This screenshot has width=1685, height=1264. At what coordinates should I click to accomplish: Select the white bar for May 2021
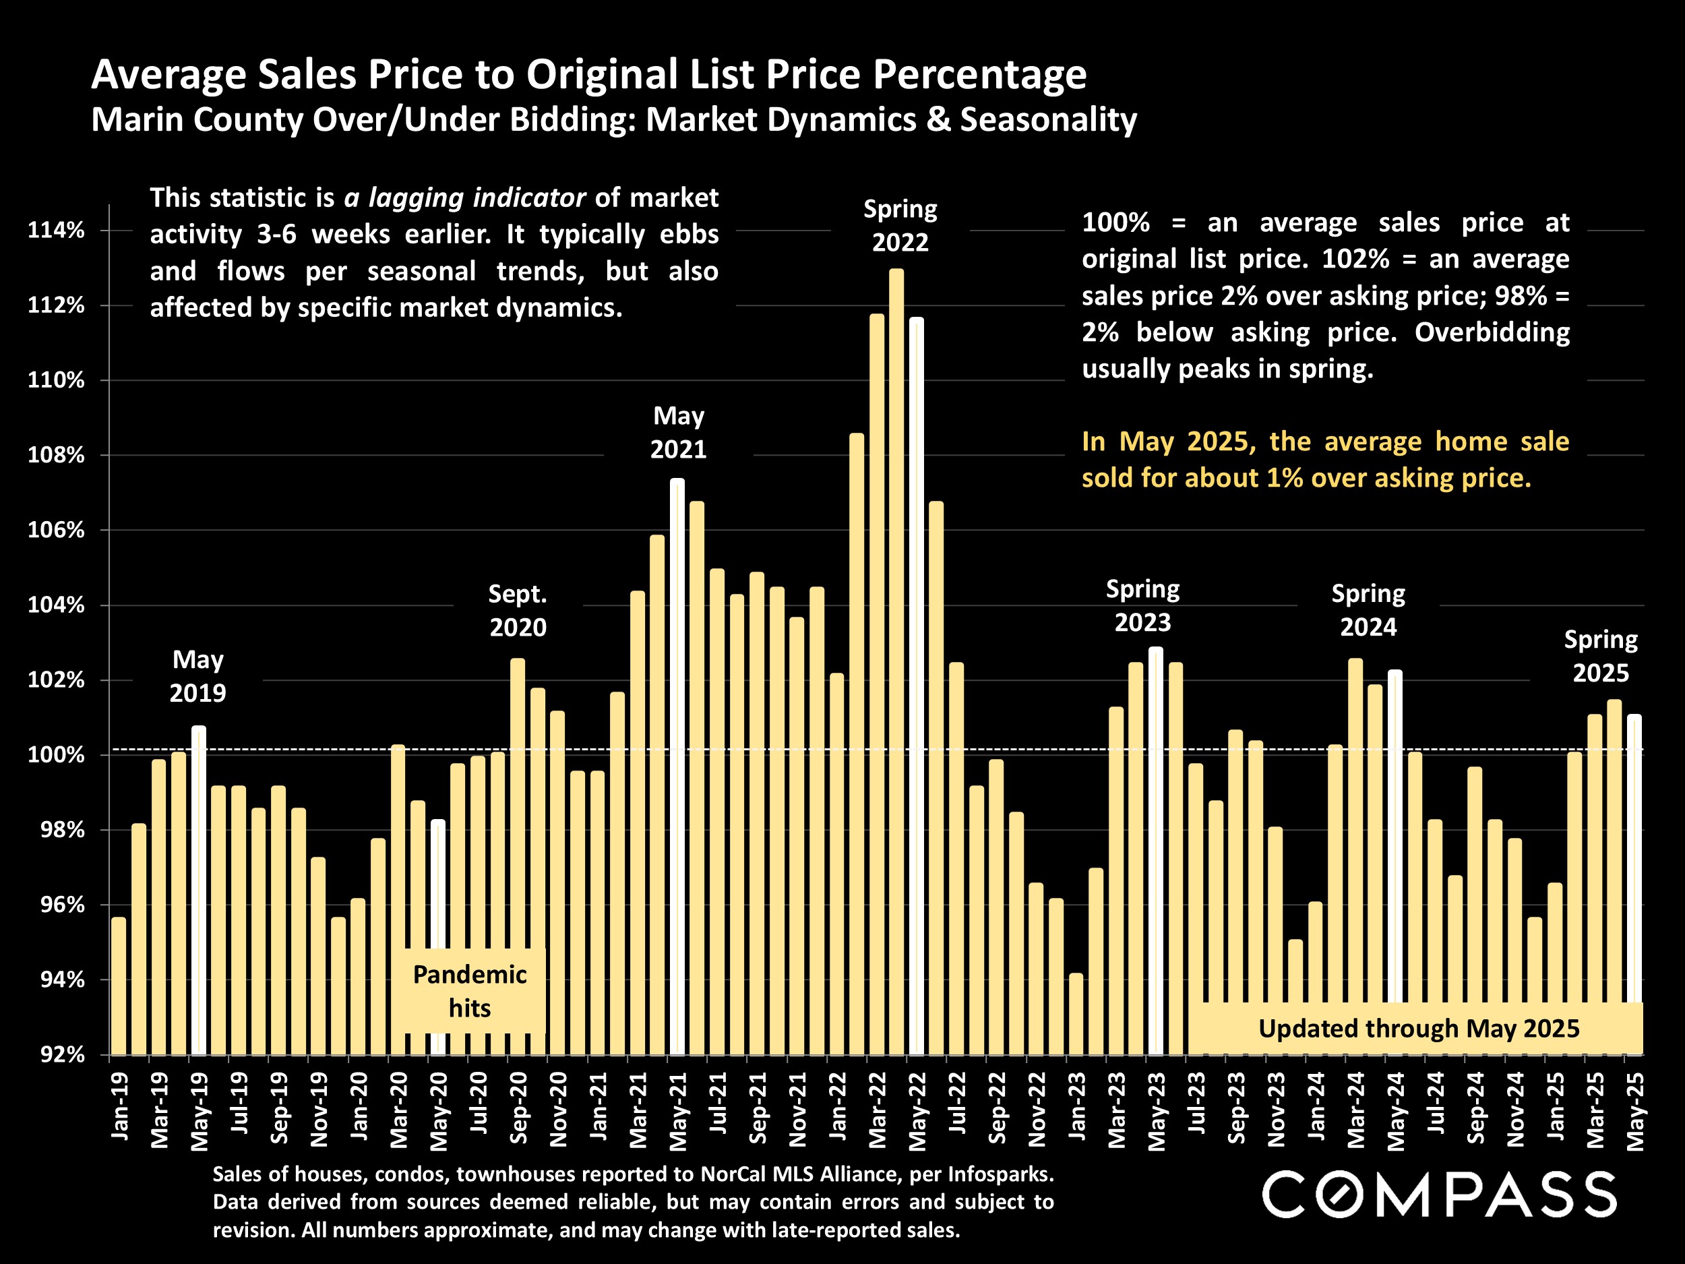pyautogui.click(x=677, y=762)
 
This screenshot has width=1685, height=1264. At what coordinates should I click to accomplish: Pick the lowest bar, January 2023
pyautogui.click(x=1076, y=1013)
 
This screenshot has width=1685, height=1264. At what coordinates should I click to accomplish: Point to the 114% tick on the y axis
pyautogui.click(x=56, y=230)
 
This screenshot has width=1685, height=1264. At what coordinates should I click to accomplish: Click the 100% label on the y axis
pyautogui.click(x=56, y=755)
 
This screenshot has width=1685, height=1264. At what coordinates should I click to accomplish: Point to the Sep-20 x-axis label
pyautogui.click(x=518, y=1108)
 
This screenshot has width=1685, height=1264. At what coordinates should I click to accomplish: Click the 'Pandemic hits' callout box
pyautogui.click(x=469, y=990)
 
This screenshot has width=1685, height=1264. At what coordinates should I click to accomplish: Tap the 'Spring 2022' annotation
pyautogui.click(x=900, y=226)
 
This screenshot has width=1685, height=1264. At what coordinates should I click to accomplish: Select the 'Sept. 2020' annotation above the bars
pyautogui.click(x=518, y=610)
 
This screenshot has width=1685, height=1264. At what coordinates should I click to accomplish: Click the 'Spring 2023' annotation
pyautogui.click(x=1142, y=606)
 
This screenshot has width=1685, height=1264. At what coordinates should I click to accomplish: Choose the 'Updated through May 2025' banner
pyautogui.click(x=1418, y=1029)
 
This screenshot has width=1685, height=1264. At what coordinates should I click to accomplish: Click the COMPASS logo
pyautogui.click(x=1439, y=1195)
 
